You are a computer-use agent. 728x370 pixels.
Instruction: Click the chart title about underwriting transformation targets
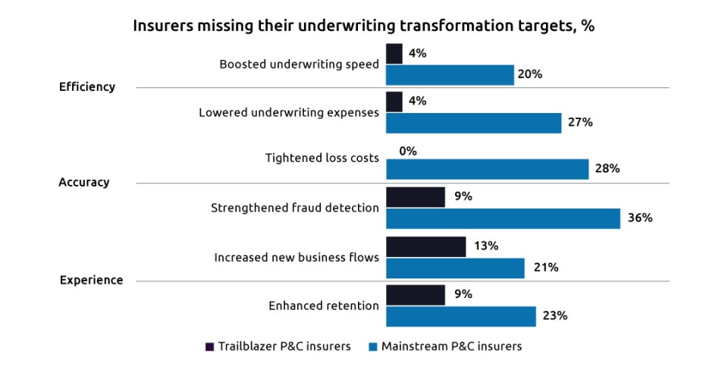point(363,25)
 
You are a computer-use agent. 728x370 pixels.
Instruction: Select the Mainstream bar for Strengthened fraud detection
point(503,218)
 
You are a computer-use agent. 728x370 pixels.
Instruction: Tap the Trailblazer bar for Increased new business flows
point(425,246)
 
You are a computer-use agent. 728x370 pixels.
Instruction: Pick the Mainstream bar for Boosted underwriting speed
point(450,75)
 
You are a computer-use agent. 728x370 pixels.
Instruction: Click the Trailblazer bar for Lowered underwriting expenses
point(394,102)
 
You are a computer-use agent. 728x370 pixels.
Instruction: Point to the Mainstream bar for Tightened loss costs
point(487,169)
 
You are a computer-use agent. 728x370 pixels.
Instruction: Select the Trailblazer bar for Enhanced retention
point(415,295)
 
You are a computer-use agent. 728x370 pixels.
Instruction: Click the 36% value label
point(640,218)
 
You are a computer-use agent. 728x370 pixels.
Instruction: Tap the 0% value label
point(408,151)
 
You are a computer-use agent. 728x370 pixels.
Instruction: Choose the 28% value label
point(608,169)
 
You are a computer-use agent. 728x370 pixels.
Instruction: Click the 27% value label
point(580,122)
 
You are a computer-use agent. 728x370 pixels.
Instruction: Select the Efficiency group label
point(87,86)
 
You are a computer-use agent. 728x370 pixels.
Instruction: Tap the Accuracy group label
point(84,182)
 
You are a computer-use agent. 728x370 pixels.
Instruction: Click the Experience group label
point(91,280)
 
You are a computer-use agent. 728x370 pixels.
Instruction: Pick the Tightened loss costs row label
point(322,158)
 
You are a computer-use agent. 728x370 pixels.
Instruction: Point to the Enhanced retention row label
point(324,306)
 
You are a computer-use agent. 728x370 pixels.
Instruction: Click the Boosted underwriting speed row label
point(299,64)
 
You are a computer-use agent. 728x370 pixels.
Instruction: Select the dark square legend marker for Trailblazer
point(210,346)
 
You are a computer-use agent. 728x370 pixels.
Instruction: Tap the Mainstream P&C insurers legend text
point(452,346)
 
